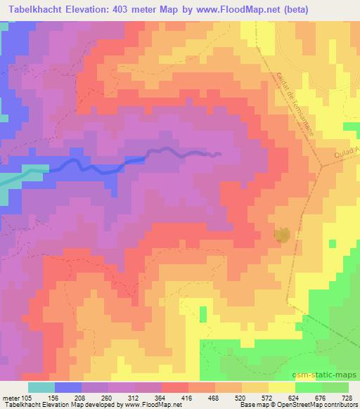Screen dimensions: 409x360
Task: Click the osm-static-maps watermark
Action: (x=330, y=375)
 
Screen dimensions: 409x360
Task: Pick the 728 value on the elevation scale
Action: (x=347, y=398)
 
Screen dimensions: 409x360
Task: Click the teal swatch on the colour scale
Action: (x=41, y=387)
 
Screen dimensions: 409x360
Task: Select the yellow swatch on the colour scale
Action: (x=282, y=387)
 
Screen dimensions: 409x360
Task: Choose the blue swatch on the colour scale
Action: (x=68, y=387)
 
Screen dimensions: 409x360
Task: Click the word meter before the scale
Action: (x=12, y=398)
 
